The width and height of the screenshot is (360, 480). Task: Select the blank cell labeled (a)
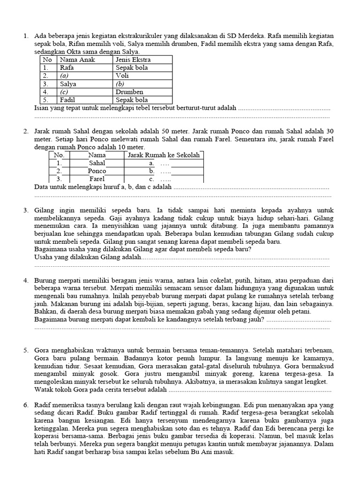tap(65, 76)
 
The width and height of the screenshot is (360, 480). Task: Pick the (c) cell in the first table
tap(64, 92)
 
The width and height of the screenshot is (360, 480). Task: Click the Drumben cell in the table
tap(129, 92)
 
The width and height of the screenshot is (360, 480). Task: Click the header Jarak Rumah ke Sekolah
tap(164, 155)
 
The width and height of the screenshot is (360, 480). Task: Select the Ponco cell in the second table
tap(97, 171)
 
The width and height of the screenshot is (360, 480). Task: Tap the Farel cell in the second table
tap(97, 179)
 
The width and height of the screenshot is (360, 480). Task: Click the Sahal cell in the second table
tap(97, 163)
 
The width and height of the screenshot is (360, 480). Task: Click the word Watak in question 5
tap(44, 390)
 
